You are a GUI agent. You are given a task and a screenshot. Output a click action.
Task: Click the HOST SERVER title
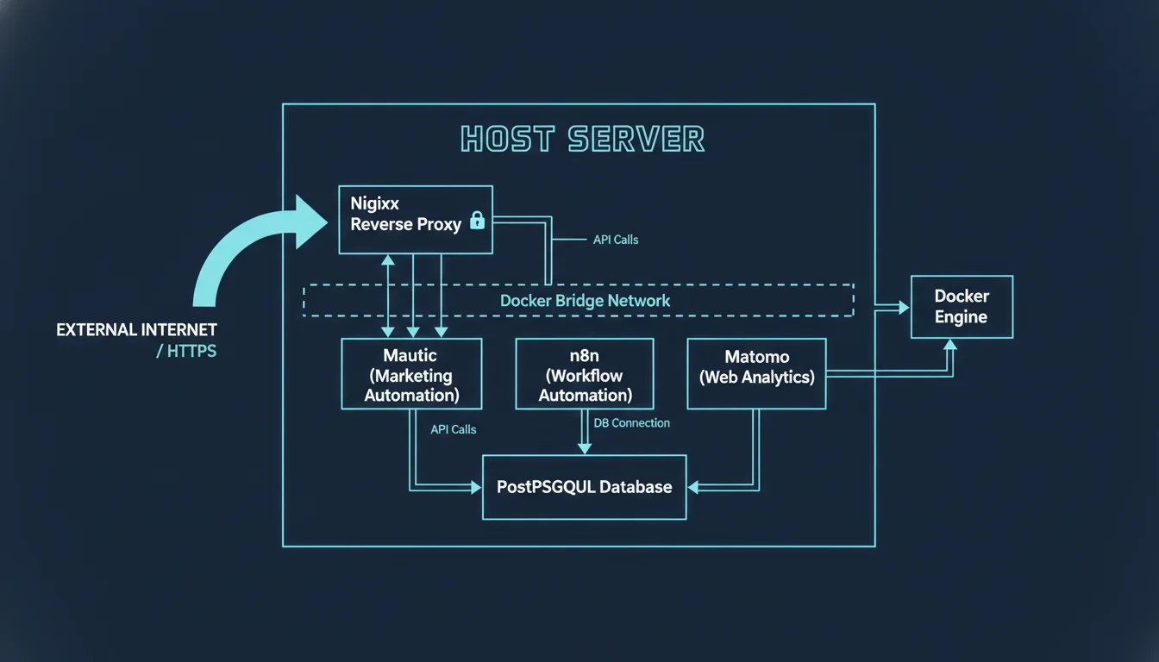(x=583, y=139)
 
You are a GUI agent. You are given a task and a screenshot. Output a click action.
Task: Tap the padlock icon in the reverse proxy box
(x=477, y=221)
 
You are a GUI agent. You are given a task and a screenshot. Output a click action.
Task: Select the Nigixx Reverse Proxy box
(x=415, y=220)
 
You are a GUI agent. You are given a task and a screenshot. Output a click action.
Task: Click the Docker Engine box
(x=962, y=307)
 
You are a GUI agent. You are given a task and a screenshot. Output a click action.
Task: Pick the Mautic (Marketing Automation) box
(x=411, y=374)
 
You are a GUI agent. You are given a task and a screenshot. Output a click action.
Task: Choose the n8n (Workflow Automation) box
(x=585, y=374)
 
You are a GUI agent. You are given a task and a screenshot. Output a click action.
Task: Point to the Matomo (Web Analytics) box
(x=756, y=374)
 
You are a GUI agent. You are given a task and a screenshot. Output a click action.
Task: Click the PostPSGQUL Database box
(x=584, y=487)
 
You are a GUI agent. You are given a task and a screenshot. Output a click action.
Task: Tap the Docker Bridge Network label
(x=585, y=301)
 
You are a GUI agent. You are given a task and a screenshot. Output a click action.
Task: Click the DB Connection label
(x=632, y=423)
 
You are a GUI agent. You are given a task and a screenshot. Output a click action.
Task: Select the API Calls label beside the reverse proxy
(x=616, y=240)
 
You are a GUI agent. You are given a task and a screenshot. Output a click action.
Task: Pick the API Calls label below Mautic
(x=453, y=429)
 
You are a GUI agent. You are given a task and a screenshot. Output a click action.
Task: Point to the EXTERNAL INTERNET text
(x=136, y=330)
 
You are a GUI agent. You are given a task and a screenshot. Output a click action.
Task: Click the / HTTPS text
(x=186, y=352)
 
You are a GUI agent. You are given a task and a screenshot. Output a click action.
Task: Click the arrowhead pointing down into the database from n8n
(x=585, y=448)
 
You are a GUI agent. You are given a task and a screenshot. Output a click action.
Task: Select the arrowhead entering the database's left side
(x=475, y=488)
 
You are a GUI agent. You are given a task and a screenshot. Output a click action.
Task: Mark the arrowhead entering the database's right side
(x=693, y=488)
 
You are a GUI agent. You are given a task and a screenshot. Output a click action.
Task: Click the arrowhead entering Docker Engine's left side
(x=904, y=307)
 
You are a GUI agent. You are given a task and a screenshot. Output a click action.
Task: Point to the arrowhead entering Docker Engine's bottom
(x=950, y=345)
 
